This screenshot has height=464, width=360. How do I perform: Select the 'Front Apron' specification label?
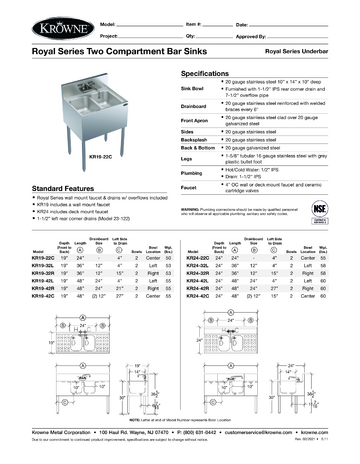198,118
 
